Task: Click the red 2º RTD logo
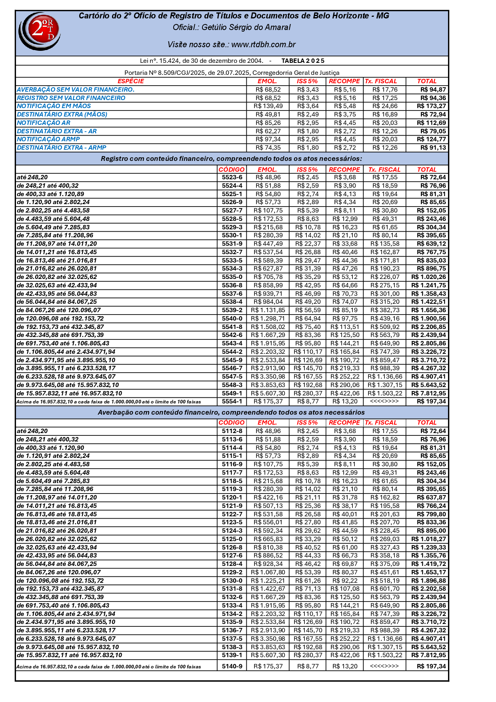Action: pos(40,31)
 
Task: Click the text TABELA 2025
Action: pos(303,61)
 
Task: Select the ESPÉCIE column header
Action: pos(131,81)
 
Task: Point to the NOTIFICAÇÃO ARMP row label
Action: pos(48,139)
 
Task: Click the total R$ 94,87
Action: pos(433,90)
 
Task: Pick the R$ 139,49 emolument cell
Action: pos(268,106)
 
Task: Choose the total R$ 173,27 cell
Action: pos(431,106)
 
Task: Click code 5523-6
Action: pos(232,177)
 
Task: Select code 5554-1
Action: pos(232,401)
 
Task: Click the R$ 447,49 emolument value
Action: pos(268,244)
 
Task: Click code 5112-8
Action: pos(232,431)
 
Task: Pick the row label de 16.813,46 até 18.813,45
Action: pos(57,514)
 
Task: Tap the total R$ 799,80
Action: pos(431,514)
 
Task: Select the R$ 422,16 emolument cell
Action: pos(268,497)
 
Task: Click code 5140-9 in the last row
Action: pos(232,666)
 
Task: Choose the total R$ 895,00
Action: pos(431,531)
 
